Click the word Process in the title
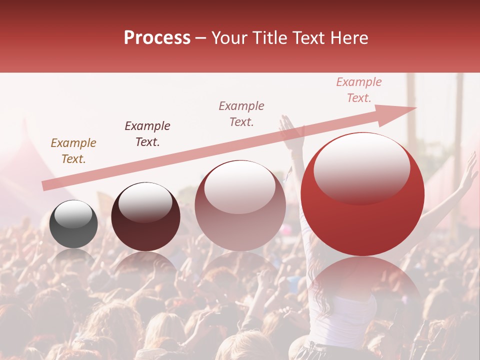(157, 38)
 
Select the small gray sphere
(73, 224)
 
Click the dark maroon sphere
(145, 217)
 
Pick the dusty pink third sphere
(240, 206)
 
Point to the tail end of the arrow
(44, 187)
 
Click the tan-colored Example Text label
(73, 151)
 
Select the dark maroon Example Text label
(147, 133)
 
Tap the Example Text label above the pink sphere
(241, 113)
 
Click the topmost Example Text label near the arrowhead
(359, 89)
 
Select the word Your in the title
(228, 38)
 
